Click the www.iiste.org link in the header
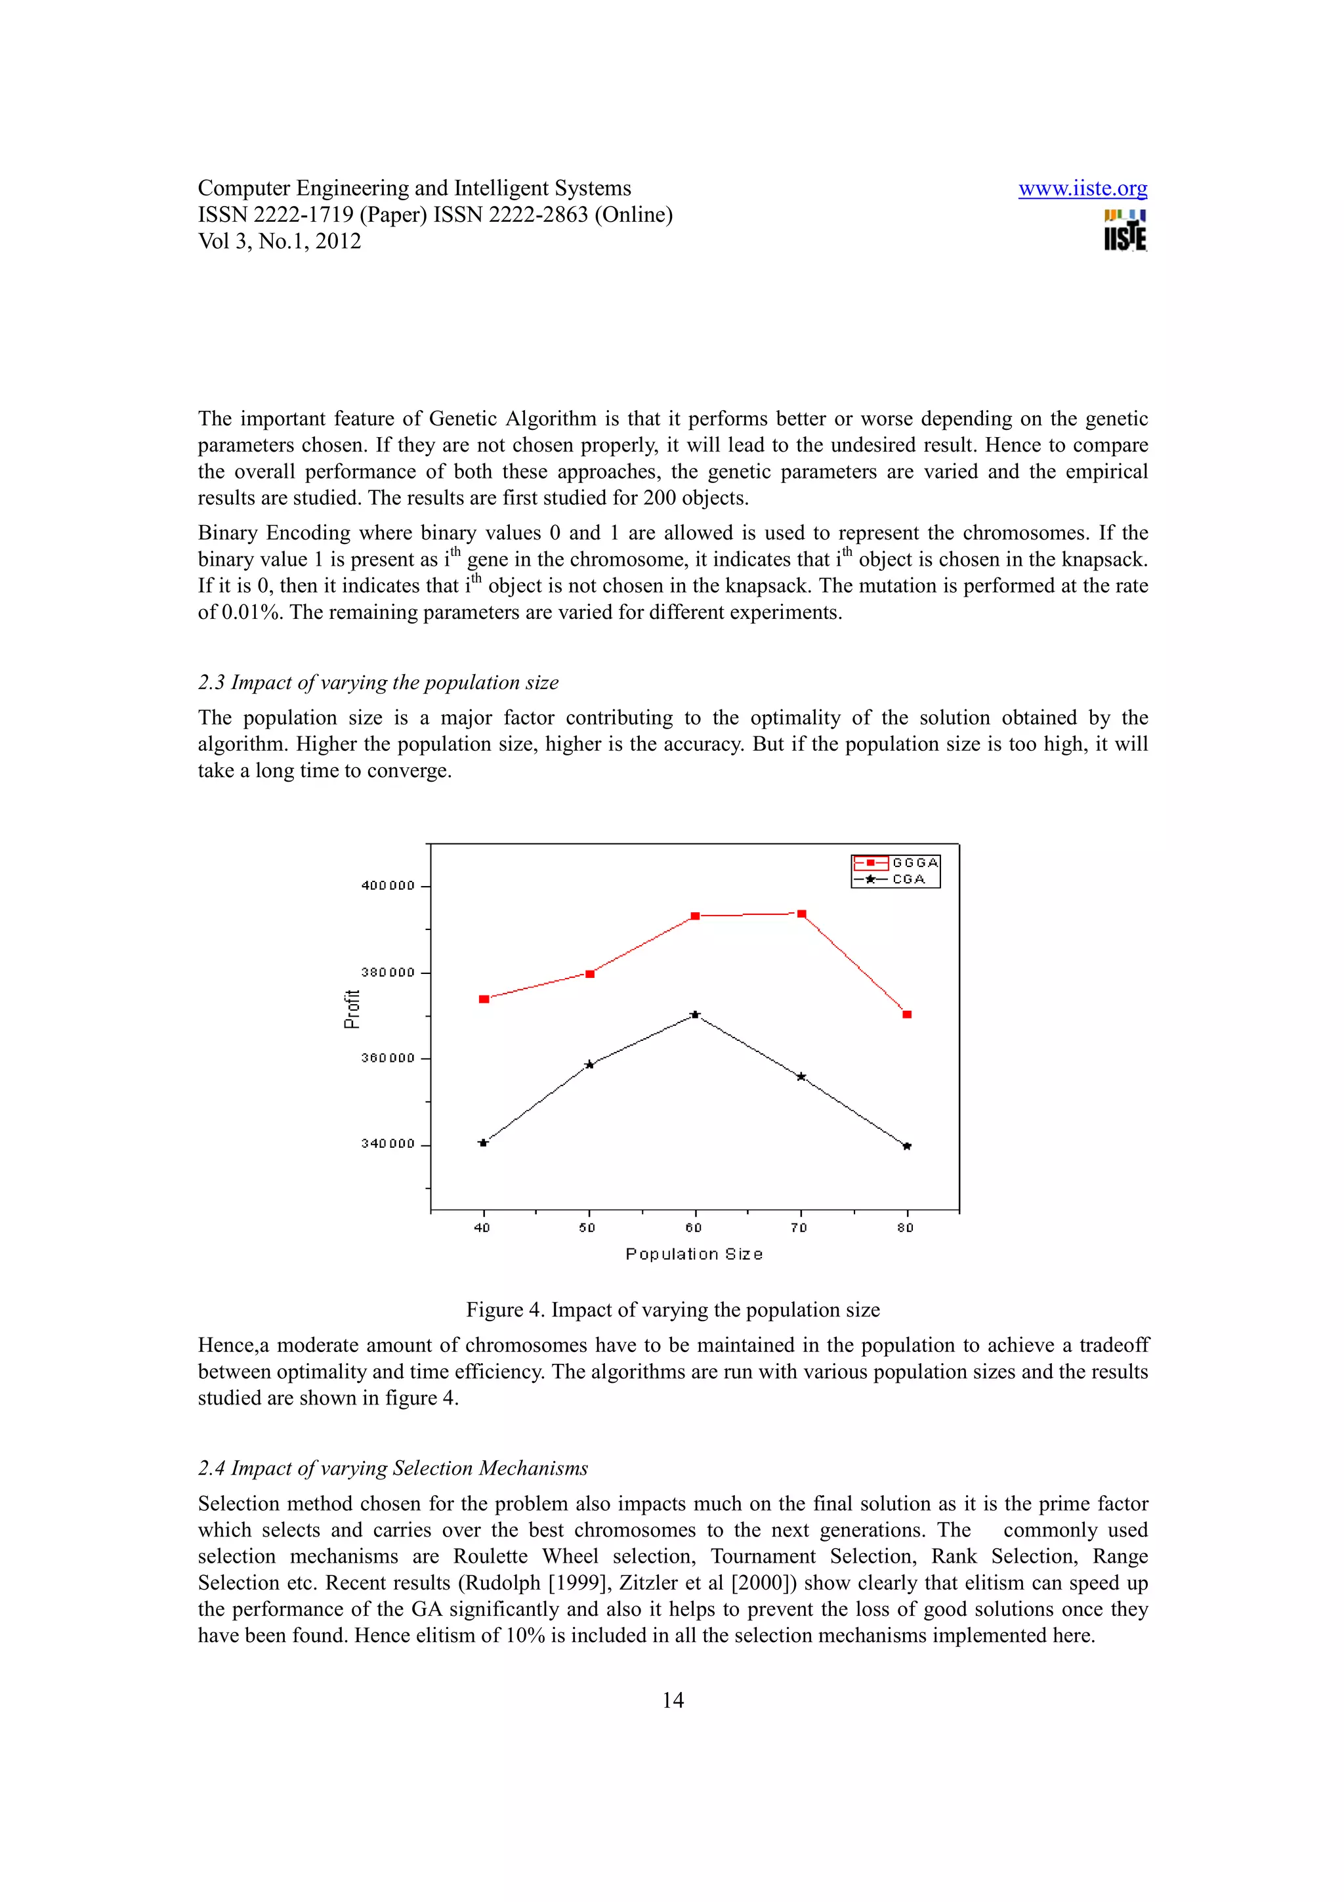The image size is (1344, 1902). [x=1081, y=189]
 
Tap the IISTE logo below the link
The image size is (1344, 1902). [x=1125, y=231]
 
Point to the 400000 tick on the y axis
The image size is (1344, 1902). [x=388, y=885]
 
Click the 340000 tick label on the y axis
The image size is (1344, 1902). [x=388, y=1144]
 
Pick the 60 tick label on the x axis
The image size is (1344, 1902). [x=694, y=1228]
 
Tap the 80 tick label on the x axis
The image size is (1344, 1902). [x=905, y=1228]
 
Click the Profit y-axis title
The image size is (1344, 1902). [x=352, y=1009]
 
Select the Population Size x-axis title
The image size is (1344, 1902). [x=694, y=1254]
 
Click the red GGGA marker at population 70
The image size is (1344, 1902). [x=801, y=914]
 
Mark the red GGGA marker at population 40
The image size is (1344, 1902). [x=484, y=999]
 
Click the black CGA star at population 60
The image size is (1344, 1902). [x=696, y=1014]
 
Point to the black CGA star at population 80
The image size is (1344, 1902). [x=907, y=1147]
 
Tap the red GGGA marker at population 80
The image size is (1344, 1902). [x=907, y=1014]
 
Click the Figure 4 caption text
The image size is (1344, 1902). [x=673, y=1310]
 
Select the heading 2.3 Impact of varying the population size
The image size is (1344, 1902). [x=377, y=683]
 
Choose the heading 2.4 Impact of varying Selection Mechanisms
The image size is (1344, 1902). [x=392, y=1468]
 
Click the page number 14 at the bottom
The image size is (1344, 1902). [x=673, y=1701]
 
